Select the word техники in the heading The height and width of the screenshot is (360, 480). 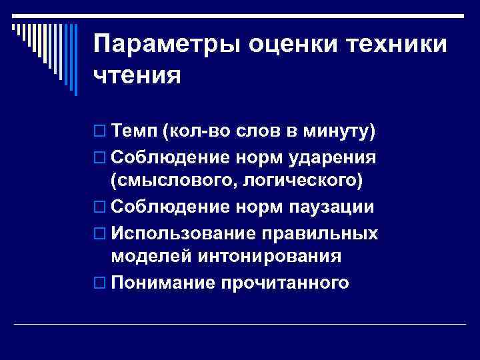coord(397,43)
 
